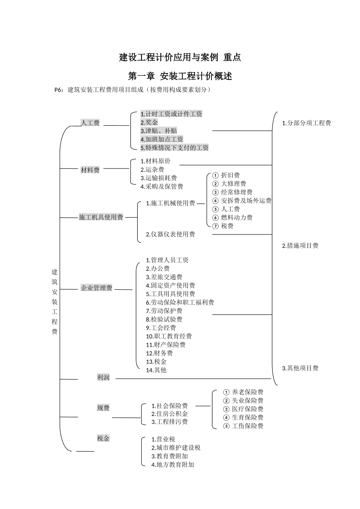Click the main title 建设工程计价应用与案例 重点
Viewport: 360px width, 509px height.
(180, 58)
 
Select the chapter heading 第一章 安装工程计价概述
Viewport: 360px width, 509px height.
(180, 76)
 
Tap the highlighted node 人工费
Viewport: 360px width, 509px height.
(90, 123)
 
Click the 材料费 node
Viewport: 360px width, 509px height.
(90, 170)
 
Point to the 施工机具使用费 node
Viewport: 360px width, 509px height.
(101, 217)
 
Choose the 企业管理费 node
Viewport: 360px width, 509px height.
(97, 288)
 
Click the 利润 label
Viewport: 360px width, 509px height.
(103, 378)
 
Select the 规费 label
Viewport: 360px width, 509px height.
(103, 408)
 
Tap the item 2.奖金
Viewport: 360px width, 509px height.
(149, 122)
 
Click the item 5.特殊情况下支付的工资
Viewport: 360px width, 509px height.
(174, 148)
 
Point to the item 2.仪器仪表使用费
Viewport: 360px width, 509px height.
(171, 234)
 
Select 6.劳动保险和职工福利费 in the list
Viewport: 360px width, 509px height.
(180, 303)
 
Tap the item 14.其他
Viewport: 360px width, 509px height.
(156, 370)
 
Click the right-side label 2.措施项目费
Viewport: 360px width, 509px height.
(300, 246)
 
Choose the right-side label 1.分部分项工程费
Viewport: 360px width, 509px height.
(307, 123)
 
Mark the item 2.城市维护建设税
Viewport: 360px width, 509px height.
(176, 448)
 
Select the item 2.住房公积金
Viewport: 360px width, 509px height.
(170, 414)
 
